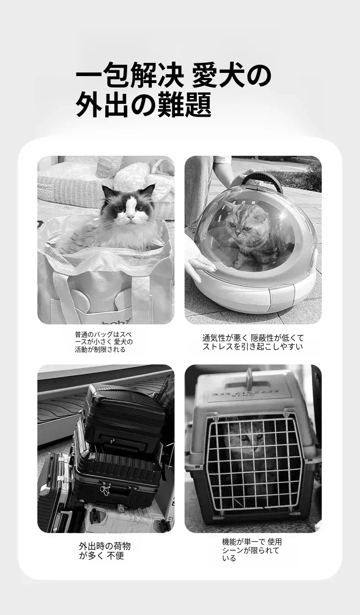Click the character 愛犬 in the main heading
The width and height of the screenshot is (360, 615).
pyautogui.click(x=218, y=75)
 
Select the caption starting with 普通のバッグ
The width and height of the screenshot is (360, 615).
pyautogui.click(x=104, y=342)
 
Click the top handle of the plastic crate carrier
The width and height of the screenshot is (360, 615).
pyautogui.click(x=250, y=378)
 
